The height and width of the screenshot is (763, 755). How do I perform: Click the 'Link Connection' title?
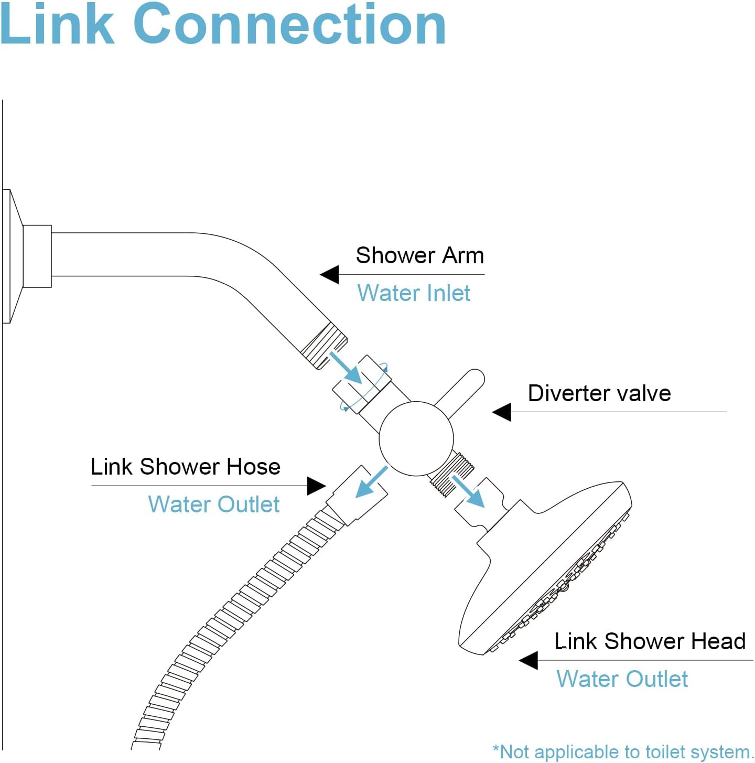pyautogui.click(x=223, y=25)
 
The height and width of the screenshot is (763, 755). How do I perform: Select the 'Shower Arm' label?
pyautogui.click(x=419, y=255)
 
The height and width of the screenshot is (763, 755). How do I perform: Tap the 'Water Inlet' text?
pyautogui.click(x=414, y=293)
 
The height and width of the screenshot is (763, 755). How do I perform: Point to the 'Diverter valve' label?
pyautogui.click(x=599, y=393)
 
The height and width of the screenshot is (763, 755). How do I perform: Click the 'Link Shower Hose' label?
pyautogui.click(x=185, y=467)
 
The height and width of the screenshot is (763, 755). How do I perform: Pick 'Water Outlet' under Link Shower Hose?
pyautogui.click(x=214, y=504)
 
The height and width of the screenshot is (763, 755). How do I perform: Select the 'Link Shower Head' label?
pyautogui.click(x=650, y=641)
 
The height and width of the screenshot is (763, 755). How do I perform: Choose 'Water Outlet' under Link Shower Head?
pyautogui.click(x=622, y=679)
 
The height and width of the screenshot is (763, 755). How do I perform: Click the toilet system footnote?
pyautogui.click(x=622, y=751)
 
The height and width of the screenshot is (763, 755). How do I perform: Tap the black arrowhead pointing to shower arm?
pyautogui.click(x=330, y=274)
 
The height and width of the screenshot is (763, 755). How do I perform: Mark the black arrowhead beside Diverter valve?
pyautogui.click(x=502, y=412)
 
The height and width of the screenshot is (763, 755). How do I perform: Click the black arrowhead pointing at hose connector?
pyautogui.click(x=316, y=486)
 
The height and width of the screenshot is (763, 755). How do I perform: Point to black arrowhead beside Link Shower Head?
pyautogui.click(x=528, y=660)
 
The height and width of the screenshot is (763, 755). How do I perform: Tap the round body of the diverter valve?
pyautogui.click(x=416, y=439)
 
